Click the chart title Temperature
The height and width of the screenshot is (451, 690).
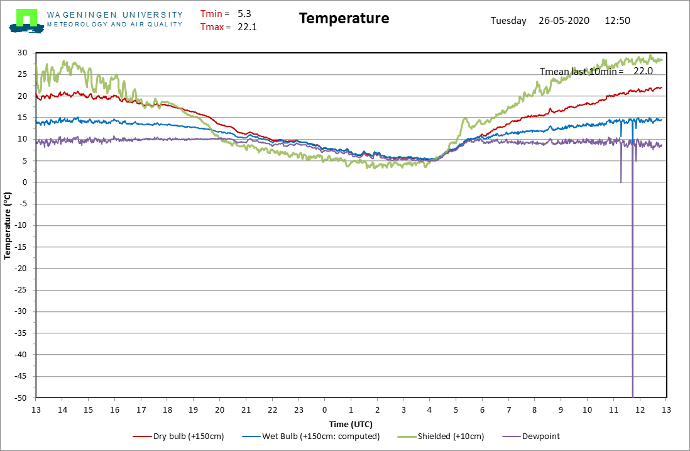tap(344, 18)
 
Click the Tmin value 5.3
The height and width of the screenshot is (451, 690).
tap(244, 14)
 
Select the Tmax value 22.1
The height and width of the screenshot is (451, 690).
tap(248, 27)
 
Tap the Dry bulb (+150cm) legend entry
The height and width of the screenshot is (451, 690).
tap(178, 437)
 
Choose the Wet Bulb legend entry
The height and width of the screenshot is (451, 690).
tap(310, 437)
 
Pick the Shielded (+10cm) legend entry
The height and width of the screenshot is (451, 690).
tap(441, 437)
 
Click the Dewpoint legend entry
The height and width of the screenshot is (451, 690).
tap(531, 437)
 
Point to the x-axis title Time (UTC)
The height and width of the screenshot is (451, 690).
tap(351, 424)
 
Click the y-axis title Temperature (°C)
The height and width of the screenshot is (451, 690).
tap(7, 225)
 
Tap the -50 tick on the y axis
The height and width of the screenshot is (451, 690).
tap(21, 398)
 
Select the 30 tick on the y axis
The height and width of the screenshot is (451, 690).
tap(23, 53)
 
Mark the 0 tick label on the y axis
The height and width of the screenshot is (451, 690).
tap(25, 182)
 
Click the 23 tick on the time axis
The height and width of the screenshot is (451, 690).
tap(298, 410)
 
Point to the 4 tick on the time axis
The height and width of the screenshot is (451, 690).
tap(429, 410)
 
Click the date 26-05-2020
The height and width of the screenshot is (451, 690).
tap(564, 21)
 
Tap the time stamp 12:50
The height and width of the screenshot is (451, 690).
tap(617, 21)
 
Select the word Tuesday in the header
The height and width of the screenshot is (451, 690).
tap(508, 21)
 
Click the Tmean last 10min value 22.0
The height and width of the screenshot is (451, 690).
tap(643, 71)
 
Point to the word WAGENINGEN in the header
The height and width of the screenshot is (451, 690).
tap(82, 15)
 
